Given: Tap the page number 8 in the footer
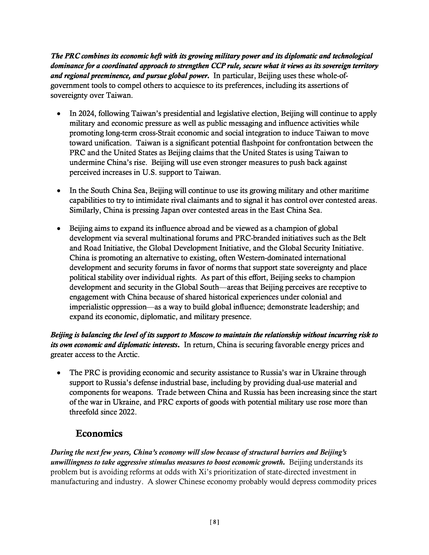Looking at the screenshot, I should coord(214,522).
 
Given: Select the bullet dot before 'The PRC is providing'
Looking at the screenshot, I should coord(59,373).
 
